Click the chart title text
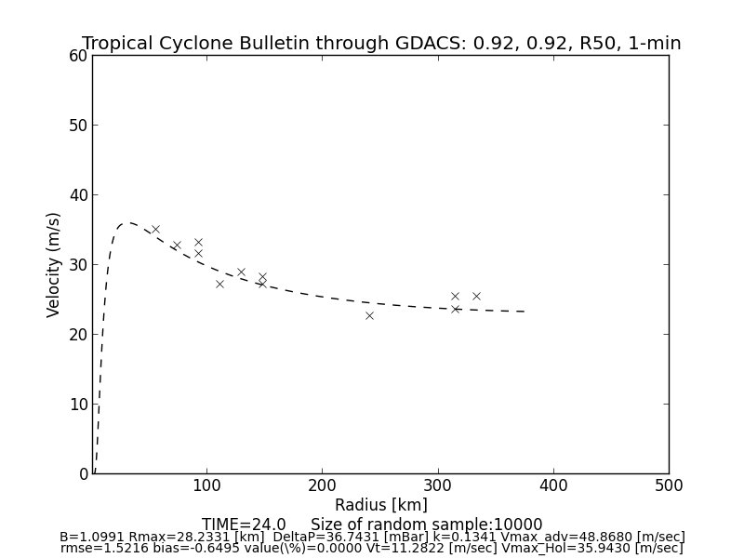point(381,44)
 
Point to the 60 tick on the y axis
point(78,56)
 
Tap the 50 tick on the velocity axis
point(78,126)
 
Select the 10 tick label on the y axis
point(78,405)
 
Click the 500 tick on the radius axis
point(669,485)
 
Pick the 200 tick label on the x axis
point(322,485)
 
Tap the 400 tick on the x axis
point(553,485)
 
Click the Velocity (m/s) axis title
point(54,264)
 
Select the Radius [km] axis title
point(381,505)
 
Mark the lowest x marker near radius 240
point(369,315)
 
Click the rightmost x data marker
point(476,296)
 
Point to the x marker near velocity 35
point(155,229)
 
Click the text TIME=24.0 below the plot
point(244,525)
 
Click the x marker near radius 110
point(219,284)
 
